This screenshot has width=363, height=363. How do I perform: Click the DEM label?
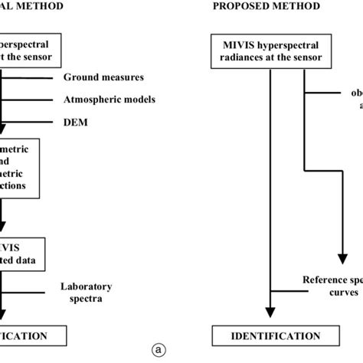74,122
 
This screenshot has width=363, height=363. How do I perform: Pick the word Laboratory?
87,286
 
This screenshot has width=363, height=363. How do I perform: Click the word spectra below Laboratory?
87,299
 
